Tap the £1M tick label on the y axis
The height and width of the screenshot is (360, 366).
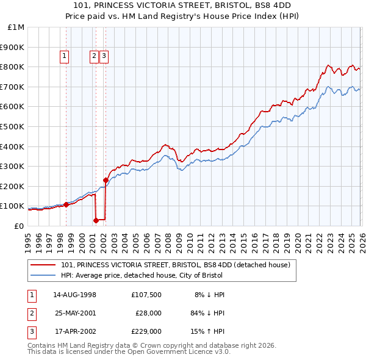tap(15, 27)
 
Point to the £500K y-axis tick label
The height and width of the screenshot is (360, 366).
tap(12, 127)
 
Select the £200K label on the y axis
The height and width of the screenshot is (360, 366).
tap(12, 186)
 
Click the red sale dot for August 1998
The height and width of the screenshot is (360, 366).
tap(66, 205)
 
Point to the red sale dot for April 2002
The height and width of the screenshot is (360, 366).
tap(106, 181)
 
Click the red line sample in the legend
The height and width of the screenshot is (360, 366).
tap(43, 265)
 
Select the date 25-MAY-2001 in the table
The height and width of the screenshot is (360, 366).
tap(75, 313)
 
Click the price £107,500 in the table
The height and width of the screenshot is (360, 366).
tap(146, 295)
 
